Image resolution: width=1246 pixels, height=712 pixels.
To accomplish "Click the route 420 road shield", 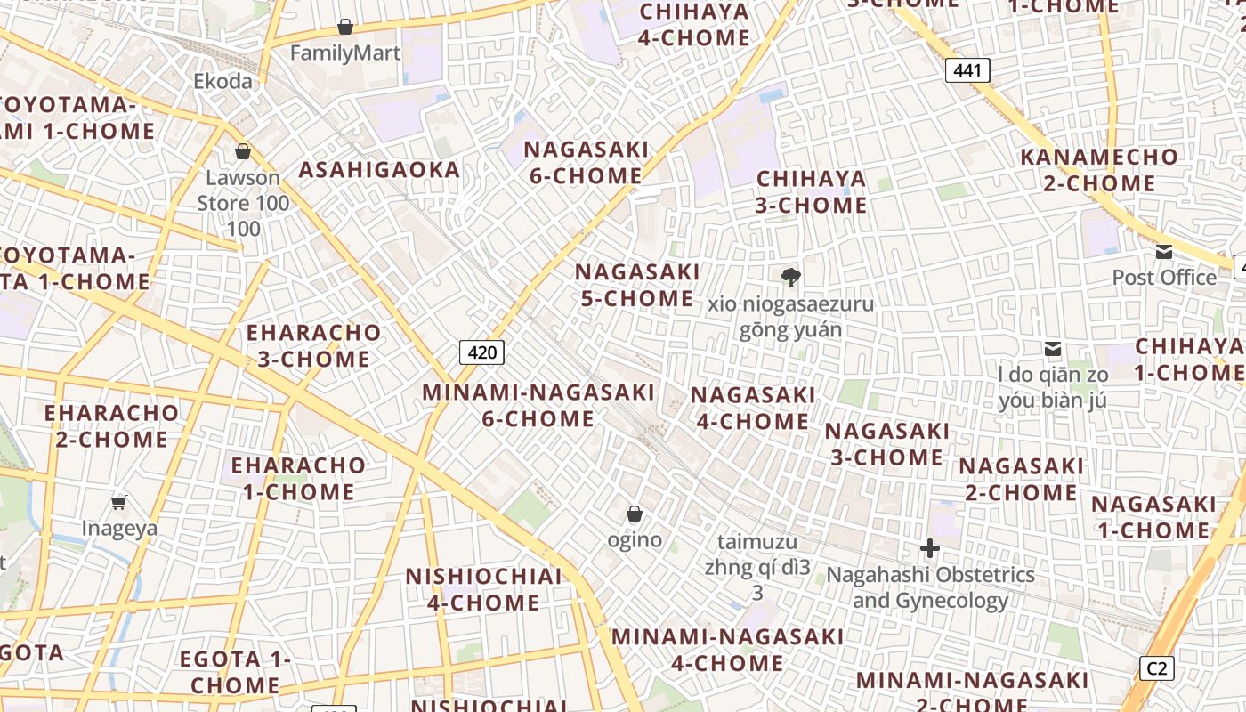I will click(482, 352).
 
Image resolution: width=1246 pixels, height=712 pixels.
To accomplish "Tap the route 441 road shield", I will click(967, 70).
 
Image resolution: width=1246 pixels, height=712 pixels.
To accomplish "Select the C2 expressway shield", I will click(1157, 667).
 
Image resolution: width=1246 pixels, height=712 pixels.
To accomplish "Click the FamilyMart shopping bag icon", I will click(345, 28).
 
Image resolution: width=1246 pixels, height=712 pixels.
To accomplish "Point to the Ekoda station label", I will click(222, 81).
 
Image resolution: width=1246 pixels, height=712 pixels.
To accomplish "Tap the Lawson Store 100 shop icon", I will click(242, 151).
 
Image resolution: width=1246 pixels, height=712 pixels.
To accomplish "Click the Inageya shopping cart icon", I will click(119, 503).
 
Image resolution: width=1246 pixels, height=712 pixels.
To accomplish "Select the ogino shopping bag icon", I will click(635, 514).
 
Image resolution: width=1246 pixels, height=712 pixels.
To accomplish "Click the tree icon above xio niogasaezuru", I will click(790, 278).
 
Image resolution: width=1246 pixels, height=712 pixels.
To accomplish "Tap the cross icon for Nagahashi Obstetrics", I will click(930, 548).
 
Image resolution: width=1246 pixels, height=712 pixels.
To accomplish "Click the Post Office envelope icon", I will click(1164, 252).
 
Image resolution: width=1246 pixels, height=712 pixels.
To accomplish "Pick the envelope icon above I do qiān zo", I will click(1053, 349).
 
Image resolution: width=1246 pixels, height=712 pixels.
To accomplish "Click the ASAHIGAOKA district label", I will click(380, 169).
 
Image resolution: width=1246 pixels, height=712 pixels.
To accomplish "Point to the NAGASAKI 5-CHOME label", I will click(637, 285).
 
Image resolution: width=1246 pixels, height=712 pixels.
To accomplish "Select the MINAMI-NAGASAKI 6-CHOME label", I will click(538, 405).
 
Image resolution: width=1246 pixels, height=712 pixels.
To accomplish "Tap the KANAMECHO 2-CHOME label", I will click(1099, 170).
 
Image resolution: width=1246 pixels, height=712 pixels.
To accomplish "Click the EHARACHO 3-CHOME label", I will click(313, 345).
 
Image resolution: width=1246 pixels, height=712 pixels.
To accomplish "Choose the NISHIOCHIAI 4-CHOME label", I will click(483, 589).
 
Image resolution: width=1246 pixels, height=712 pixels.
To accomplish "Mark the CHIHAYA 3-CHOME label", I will click(811, 191).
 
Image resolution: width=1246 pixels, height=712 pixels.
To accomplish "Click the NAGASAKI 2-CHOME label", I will click(1021, 479).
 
